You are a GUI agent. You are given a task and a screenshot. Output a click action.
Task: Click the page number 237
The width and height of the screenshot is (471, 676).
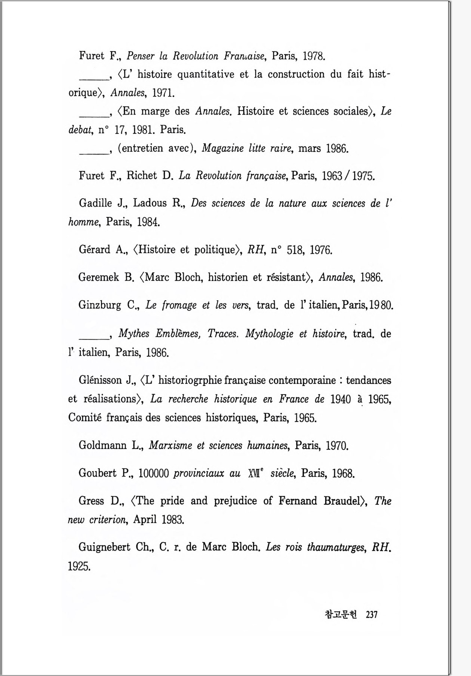tap(372, 614)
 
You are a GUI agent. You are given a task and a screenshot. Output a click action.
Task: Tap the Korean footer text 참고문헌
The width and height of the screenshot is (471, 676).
tap(341, 614)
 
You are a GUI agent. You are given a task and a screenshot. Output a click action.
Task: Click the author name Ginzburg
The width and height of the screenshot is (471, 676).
tap(99, 305)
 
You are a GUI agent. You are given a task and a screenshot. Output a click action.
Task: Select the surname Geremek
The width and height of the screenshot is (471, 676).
tap(99, 277)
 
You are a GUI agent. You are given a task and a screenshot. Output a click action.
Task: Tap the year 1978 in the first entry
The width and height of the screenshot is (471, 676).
tap(314, 56)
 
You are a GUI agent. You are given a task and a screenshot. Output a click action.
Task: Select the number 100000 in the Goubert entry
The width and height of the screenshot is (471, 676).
tap(154, 473)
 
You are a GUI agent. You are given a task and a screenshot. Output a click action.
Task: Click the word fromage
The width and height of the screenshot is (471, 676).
tap(179, 305)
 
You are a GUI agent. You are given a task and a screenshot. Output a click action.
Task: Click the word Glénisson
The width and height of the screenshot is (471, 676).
tap(101, 380)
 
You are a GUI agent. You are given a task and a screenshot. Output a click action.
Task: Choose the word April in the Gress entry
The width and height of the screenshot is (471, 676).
tap(145, 520)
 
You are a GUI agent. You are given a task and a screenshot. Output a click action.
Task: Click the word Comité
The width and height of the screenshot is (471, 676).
tap(84, 417)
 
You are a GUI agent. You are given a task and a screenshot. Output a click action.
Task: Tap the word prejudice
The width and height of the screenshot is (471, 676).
tap(235, 501)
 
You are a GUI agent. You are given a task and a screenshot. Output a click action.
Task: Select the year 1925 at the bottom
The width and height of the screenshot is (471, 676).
tap(79, 566)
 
